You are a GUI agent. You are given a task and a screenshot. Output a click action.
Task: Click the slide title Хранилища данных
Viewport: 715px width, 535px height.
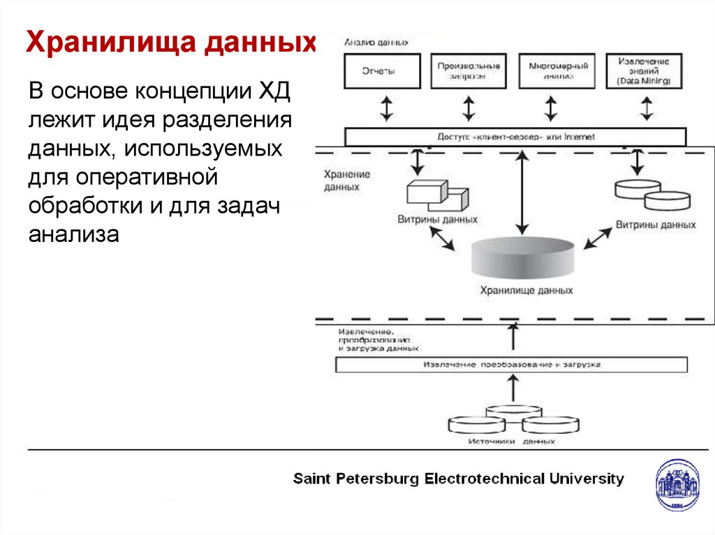171,43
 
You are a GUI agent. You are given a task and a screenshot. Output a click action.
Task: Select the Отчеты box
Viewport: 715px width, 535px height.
383,70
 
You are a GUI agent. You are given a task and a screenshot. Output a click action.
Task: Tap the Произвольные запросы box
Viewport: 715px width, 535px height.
469,70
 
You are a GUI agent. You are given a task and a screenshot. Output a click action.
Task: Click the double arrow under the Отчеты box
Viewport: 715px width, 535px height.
386,108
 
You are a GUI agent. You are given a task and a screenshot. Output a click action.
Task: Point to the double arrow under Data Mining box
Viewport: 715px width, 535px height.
647,108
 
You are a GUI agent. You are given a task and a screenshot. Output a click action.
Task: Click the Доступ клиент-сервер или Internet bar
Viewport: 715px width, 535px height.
515,137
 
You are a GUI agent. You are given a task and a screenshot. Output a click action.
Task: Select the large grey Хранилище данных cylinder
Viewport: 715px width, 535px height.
523,258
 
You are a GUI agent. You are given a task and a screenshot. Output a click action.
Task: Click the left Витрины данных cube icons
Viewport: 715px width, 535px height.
437,195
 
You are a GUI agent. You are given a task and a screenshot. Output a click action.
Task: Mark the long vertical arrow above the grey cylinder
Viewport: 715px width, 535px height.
521,193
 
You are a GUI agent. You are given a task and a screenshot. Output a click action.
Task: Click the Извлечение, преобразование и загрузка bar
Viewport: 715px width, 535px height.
511,365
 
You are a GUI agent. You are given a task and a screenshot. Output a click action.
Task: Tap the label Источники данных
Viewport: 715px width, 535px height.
512,442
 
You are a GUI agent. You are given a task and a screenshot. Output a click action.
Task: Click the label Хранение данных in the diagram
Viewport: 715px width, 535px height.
347,181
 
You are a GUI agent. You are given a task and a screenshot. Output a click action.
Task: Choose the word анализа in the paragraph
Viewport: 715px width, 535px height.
74,234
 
